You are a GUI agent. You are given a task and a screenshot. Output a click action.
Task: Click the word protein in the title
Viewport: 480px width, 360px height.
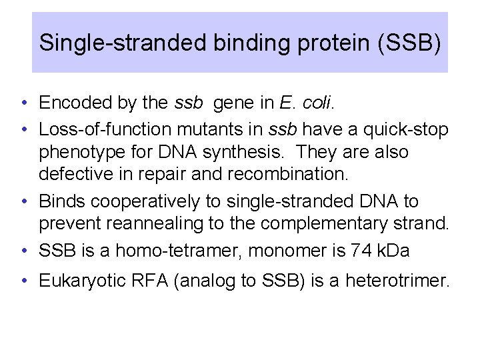coord(341,43)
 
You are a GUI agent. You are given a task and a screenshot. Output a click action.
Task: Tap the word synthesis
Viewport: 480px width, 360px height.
coord(250,152)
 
